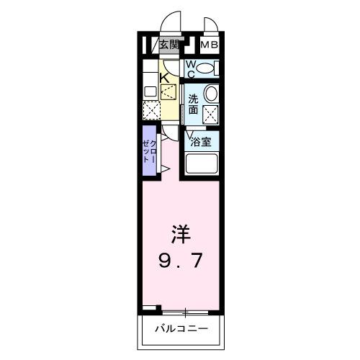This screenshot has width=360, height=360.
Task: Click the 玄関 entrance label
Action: (169, 45)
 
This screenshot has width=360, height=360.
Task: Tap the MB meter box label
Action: (209, 45)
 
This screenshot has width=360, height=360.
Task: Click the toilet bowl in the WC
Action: (206, 69)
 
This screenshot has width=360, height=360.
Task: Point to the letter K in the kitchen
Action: (164, 77)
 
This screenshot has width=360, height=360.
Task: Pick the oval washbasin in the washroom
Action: (211, 94)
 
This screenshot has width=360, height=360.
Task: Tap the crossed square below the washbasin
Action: (211, 114)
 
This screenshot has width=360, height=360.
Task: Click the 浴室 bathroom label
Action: (201, 142)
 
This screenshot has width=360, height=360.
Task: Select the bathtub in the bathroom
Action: (202, 163)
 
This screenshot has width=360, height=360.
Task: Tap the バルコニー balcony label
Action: (180, 329)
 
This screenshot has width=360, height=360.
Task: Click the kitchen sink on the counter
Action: (149, 91)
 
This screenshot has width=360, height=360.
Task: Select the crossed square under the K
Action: (168, 91)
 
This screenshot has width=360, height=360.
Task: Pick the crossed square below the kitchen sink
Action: (150, 110)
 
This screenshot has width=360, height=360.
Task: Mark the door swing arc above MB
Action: (210, 26)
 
